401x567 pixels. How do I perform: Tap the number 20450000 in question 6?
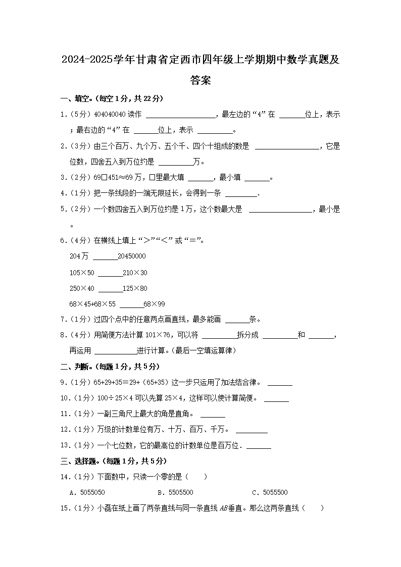(x=131, y=256)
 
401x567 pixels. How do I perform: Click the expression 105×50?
(x=82, y=273)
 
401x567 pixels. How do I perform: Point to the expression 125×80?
(x=135, y=288)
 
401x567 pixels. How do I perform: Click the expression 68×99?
(x=154, y=304)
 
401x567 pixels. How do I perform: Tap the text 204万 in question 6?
(x=79, y=256)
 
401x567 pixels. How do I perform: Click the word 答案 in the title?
(x=201, y=80)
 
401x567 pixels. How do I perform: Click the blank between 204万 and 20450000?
(x=105, y=257)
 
